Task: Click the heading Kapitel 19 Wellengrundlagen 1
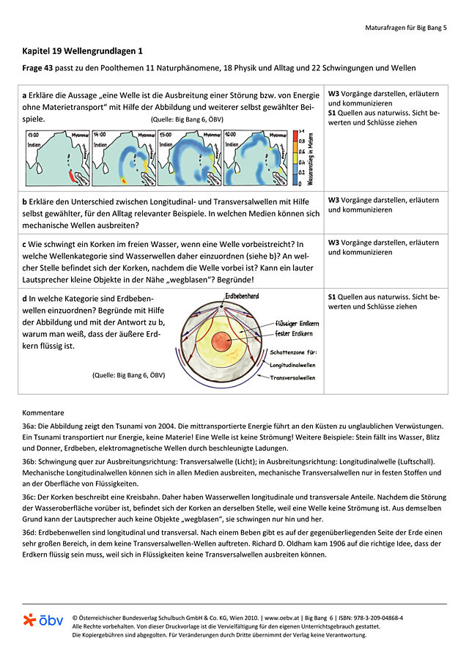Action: (x=83, y=52)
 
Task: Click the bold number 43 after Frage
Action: (x=53, y=68)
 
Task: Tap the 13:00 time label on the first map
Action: (x=34, y=136)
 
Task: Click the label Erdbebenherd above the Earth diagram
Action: (x=243, y=295)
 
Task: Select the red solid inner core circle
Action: (x=223, y=341)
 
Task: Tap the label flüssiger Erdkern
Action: (x=295, y=322)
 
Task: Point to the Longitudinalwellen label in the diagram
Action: (x=292, y=364)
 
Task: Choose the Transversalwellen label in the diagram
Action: (x=292, y=378)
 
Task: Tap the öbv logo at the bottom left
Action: (x=43, y=621)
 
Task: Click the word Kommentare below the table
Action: (x=43, y=412)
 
